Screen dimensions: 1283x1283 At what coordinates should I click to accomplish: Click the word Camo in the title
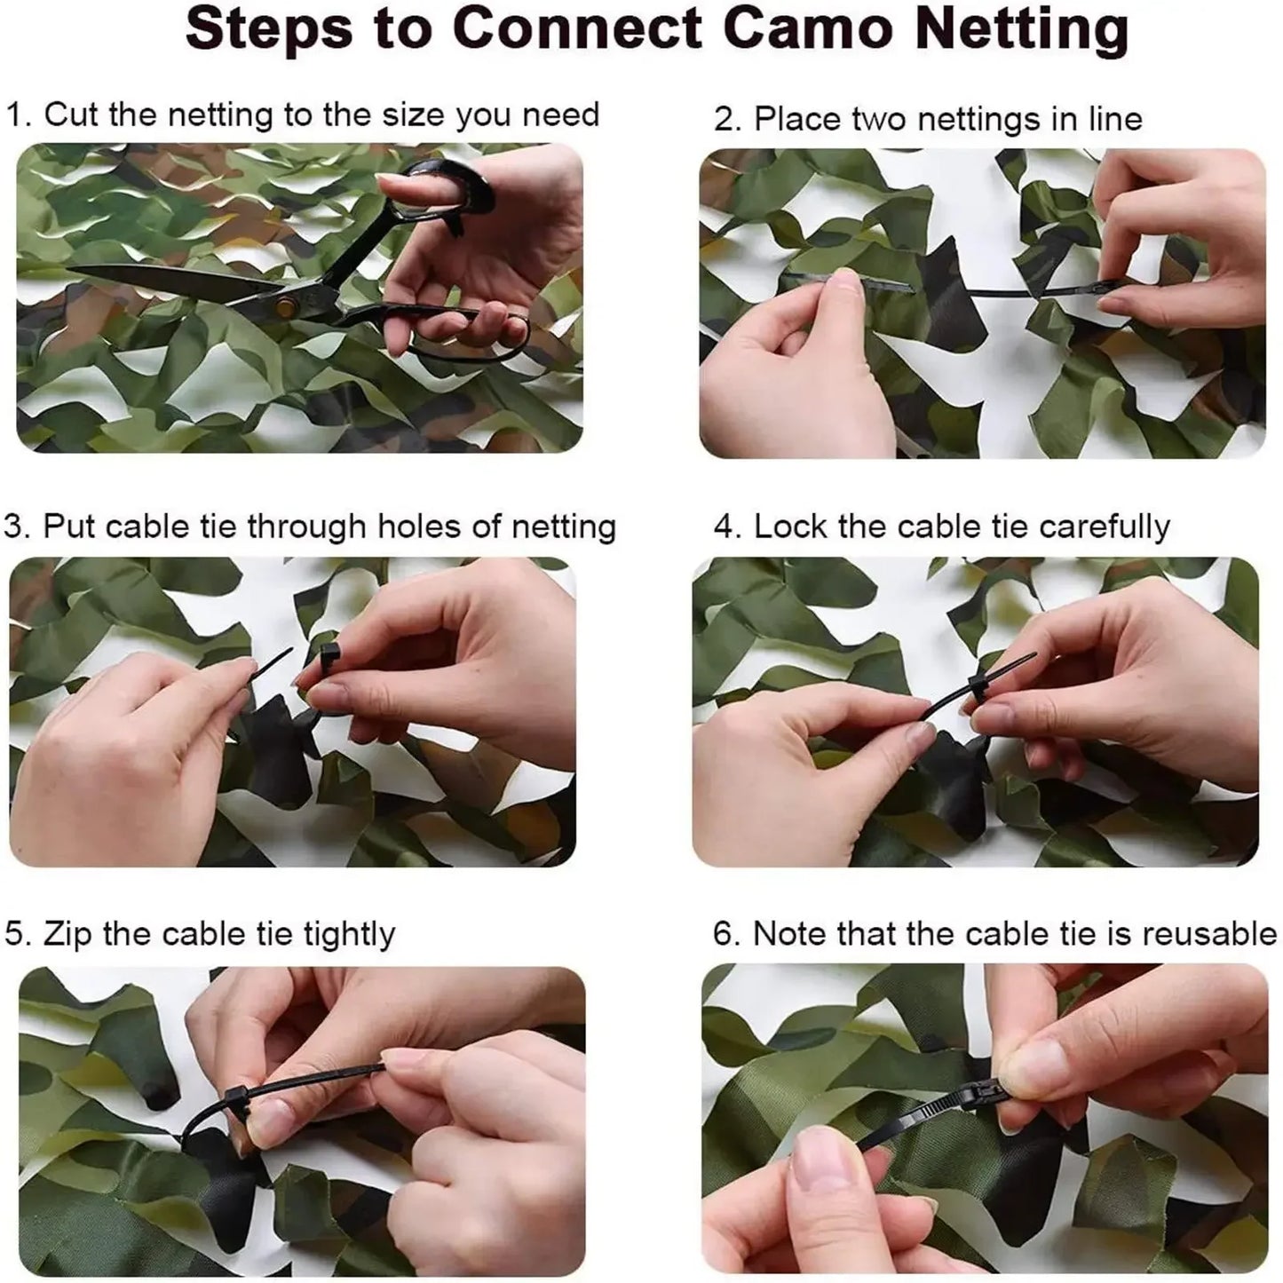[813, 28]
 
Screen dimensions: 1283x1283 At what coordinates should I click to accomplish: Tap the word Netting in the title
[1021, 30]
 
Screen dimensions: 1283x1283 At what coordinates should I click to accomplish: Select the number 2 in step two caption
[726, 119]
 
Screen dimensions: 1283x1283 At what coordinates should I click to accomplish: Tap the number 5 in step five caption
[13, 935]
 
